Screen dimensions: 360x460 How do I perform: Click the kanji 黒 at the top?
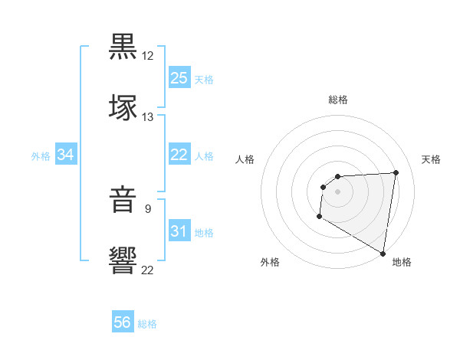pyautogui.click(x=123, y=47)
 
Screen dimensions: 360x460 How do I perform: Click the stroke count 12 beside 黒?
pyautogui.click(x=148, y=56)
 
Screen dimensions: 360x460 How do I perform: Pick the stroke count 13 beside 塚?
pyautogui.click(x=148, y=117)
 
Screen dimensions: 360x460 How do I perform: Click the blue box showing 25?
pyautogui.click(x=179, y=78)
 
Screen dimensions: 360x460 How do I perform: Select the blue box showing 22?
pyautogui.click(x=179, y=155)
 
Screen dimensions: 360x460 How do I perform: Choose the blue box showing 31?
pyautogui.click(x=179, y=231)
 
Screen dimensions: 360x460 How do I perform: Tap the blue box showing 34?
pyautogui.click(x=66, y=155)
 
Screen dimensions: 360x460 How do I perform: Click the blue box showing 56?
pyautogui.click(x=123, y=322)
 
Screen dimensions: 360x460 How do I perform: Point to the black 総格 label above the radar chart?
pyautogui.click(x=338, y=100)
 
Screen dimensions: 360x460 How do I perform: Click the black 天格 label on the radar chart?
pyautogui.click(x=431, y=159)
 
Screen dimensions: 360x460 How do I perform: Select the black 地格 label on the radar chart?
pyautogui.click(x=402, y=262)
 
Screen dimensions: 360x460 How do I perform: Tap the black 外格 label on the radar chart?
pyautogui.click(x=270, y=262)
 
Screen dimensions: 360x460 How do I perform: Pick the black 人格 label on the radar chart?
pyautogui.click(x=245, y=159)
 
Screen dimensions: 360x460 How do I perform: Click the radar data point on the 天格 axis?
pyautogui.click(x=396, y=172)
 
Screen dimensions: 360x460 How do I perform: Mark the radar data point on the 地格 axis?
pyautogui.click(x=383, y=253)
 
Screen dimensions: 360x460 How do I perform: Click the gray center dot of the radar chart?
pyautogui.click(x=337, y=191)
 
